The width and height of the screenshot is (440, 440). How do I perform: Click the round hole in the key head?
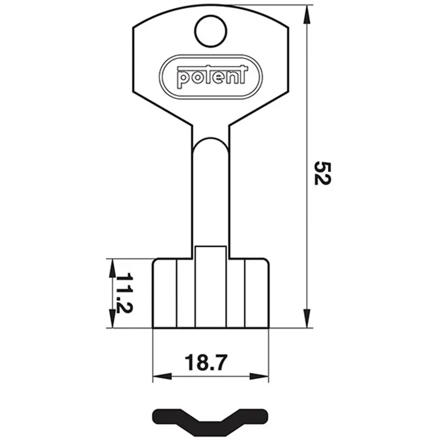point(211,31)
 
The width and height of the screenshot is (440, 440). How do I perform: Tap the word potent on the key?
point(212,77)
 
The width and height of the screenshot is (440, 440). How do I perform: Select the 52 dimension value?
point(322,173)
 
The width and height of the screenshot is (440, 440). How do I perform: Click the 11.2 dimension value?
point(124,293)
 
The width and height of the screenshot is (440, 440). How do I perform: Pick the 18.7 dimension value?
point(206,362)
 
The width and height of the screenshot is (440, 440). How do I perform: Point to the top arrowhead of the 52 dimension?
point(307,14)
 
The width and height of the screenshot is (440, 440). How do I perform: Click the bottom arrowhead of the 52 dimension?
point(307,318)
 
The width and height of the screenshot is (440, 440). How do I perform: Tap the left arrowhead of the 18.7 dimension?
point(162,376)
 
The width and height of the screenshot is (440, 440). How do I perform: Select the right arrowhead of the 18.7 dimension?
point(259,376)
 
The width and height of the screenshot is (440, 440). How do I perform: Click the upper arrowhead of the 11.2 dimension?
point(112,268)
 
